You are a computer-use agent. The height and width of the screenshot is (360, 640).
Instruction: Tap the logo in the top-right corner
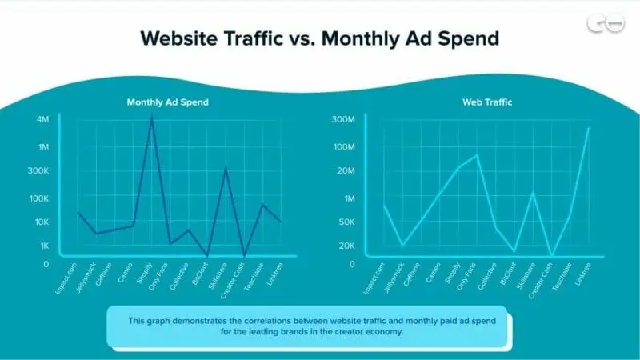pyautogui.click(x=606, y=24)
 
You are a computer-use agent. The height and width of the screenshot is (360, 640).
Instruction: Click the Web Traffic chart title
pyautogui.click(x=487, y=102)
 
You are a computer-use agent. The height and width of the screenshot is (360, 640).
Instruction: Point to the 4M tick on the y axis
pyautogui.click(x=43, y=120)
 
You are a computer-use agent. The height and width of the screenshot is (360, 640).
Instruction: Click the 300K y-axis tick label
pyautogui.click(x=38, y=171)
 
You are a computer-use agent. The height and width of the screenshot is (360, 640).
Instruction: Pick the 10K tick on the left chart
pyautogui.click(x=41, y=222)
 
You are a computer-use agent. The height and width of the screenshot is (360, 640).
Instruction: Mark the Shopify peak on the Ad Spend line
pyautogui.click(x=152, y=118)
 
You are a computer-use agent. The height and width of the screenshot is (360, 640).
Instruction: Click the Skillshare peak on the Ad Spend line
pyautogui.click(x=226, y=167)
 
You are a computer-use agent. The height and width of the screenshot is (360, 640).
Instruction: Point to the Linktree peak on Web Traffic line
pyautogui.click(x=589, y=127)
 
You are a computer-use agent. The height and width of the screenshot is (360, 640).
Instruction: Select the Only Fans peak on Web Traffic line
pyautogui.click(x=477, y=154)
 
